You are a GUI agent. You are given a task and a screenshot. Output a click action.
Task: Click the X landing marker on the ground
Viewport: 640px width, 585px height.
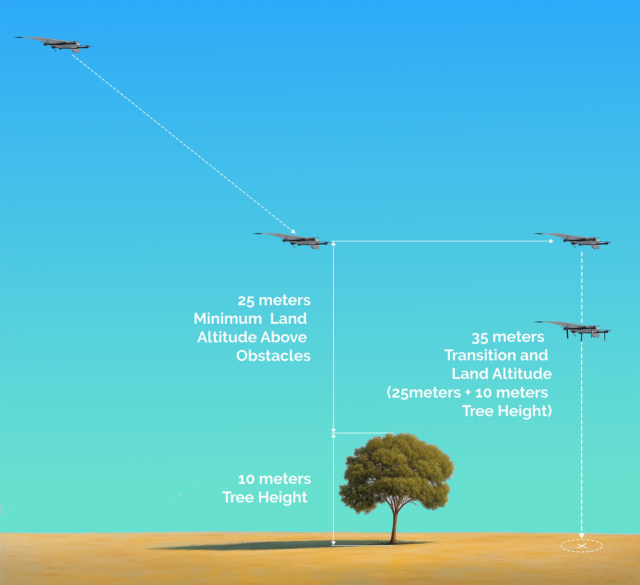click(581, 545)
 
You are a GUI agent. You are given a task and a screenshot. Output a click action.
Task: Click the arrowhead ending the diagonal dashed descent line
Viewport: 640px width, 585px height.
click(293, 231)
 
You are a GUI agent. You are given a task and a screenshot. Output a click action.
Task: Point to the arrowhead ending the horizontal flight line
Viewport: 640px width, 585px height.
click(552, 241)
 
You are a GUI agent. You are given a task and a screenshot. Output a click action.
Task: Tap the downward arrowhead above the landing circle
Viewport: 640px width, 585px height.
click(582, 536)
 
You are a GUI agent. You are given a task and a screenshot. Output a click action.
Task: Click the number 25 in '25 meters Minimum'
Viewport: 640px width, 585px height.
click(246, 301)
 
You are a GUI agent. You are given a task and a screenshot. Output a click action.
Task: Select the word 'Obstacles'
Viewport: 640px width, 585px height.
click(273, 356)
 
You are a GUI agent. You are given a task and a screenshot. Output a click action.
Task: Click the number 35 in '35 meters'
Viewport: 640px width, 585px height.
click(480, 338)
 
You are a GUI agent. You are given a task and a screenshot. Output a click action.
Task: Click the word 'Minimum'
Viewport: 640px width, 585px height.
click(228, 319)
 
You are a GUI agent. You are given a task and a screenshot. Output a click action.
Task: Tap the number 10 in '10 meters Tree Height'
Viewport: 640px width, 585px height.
click(246, 479)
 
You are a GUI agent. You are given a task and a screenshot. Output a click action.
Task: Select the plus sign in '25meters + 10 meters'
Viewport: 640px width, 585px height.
click(468, 393)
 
